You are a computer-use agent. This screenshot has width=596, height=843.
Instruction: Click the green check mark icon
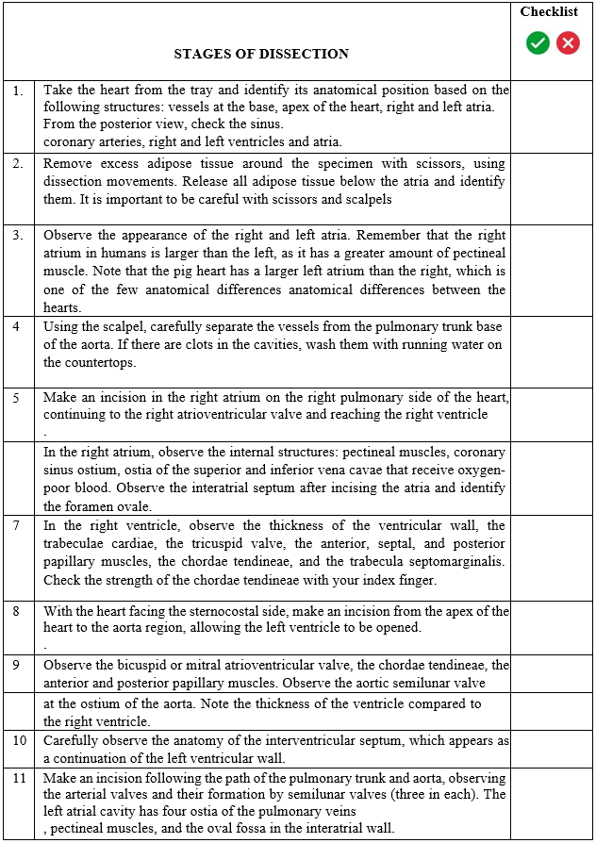point(538,42)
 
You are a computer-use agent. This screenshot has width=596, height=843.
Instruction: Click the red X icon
point(568,42)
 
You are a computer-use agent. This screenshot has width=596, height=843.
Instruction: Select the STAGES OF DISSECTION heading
point(261,54)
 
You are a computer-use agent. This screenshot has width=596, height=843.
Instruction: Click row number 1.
point(18,91)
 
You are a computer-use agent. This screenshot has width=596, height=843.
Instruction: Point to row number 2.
point(18,163)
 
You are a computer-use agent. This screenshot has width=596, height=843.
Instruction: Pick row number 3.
point(18,235)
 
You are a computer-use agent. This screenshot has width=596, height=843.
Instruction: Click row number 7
point(18,525)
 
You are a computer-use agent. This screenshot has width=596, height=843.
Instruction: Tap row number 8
point(18,611)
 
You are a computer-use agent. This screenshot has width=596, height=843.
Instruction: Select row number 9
point(18,665)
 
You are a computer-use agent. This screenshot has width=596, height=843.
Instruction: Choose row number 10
point(18,740)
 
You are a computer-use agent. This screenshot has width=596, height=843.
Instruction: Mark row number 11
point(18,778)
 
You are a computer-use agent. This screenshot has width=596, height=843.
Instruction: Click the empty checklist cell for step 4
point(553,352)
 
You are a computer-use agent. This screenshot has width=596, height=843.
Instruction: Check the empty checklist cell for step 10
point(553,750)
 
